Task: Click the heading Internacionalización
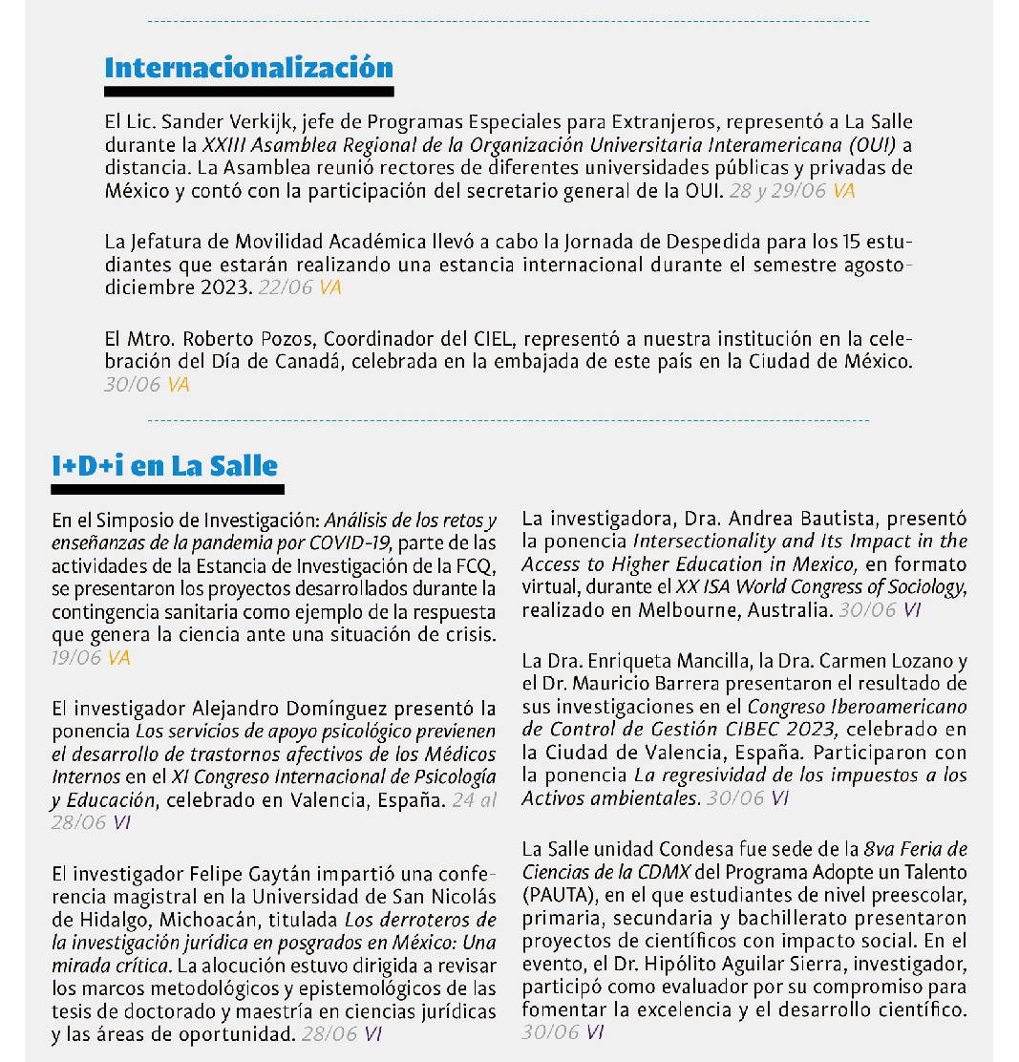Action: pyautogui.click(x=248, y=69)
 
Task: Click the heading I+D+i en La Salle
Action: pyautogui.click(x=165, y=466)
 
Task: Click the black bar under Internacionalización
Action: pyautogui.click(x=248, y=92)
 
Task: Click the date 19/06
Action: pyautogui.click(x=77, y=658)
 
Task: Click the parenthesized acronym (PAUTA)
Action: pyautogui.click(x=552, y=896)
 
